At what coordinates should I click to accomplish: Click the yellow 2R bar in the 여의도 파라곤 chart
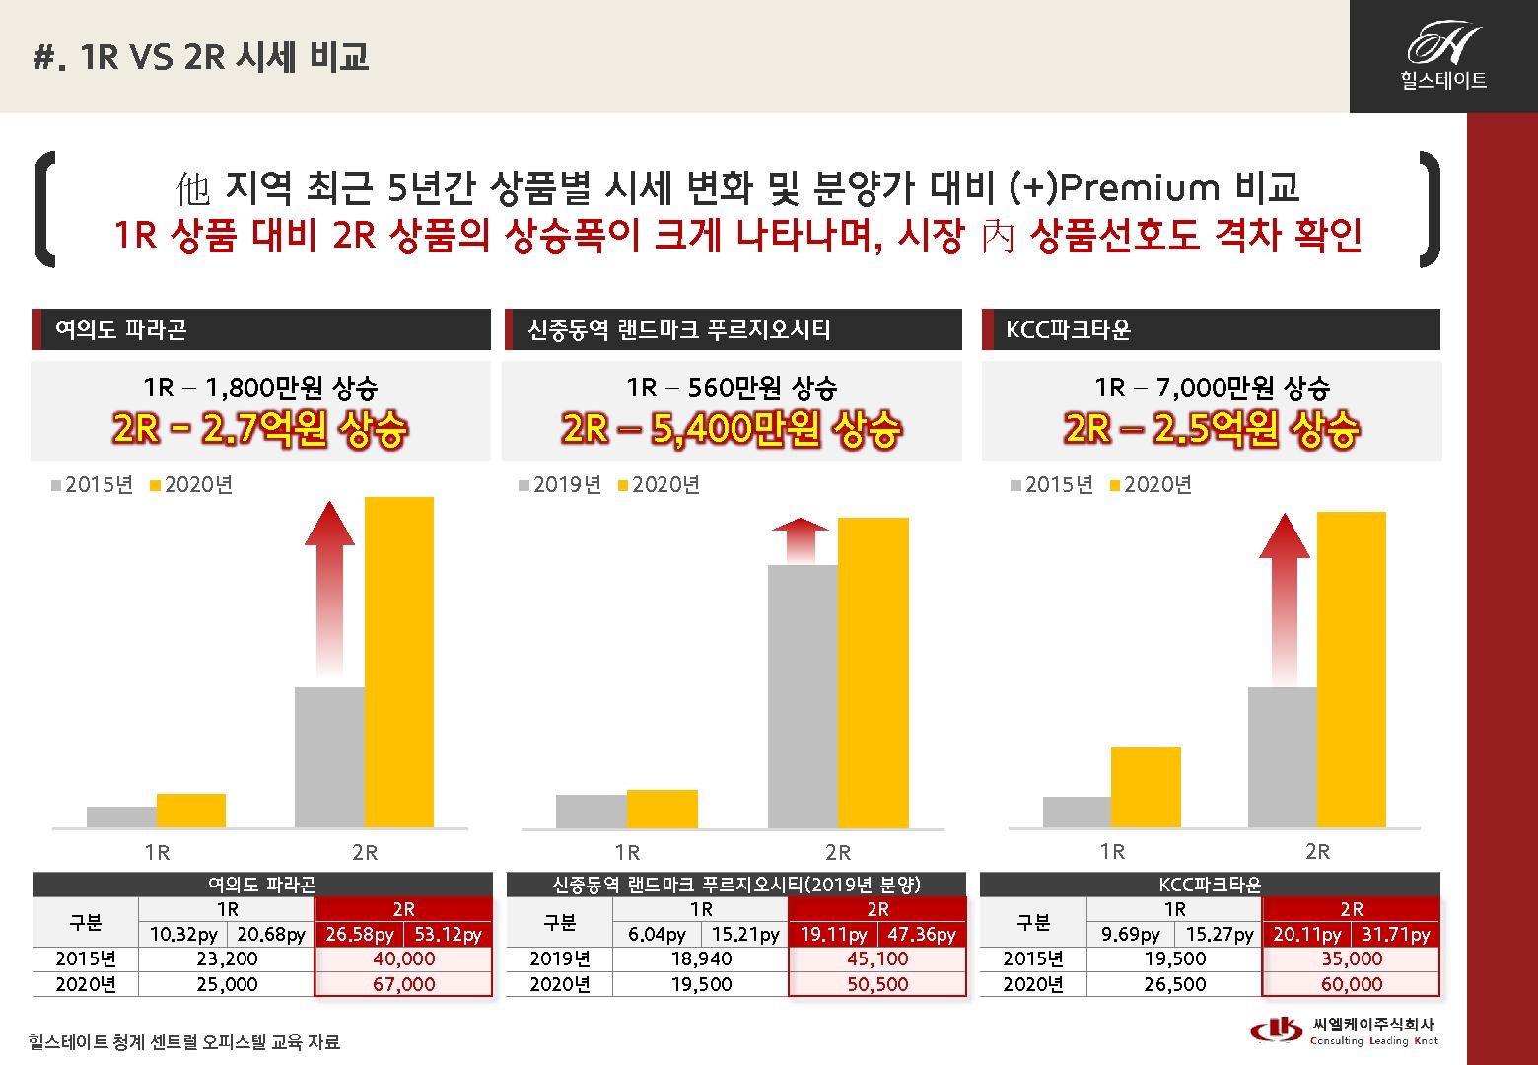pos(398,661)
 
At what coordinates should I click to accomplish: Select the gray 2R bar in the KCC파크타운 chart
pos(1282,756)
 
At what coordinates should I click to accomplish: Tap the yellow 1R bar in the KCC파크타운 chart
pos(1146,787)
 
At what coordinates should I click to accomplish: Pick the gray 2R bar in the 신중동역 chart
pos(803,695)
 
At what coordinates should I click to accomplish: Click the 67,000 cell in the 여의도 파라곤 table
pos(403,984)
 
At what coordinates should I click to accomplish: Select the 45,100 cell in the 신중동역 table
pos(876,958)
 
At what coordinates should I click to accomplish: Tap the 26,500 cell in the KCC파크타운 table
pos(1174,984)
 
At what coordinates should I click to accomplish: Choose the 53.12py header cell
pos(448,934)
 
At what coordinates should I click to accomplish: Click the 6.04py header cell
pos(657,934)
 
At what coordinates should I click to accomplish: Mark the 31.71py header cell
pos(1395,934)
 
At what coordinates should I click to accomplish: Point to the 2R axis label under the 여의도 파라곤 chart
pos(365,852)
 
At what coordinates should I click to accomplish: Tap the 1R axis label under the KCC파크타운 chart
pos(1112,851)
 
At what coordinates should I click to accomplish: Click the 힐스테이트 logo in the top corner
pos(1443,56)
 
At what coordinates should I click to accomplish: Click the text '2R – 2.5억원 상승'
pos(1211,429)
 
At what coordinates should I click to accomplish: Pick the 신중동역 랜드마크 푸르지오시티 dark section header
pos(732,329)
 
